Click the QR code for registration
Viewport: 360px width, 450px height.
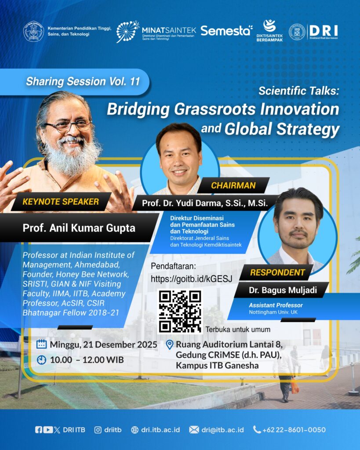tap(179, 312)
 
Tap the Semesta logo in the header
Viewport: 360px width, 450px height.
tap(226, 30)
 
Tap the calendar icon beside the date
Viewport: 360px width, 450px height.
tap(42, 344)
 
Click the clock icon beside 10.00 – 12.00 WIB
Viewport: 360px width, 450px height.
tap(42, 360)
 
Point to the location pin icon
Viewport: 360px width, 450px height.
tap(170, 345)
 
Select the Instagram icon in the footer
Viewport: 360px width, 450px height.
tap(98, 430)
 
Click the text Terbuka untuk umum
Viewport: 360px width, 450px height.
tap(238, 329)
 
